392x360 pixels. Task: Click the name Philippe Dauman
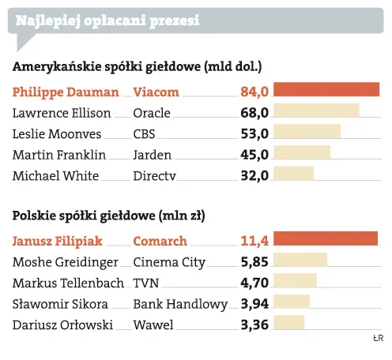66,92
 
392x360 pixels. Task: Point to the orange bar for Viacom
326,90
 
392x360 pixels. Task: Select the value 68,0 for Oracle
254,113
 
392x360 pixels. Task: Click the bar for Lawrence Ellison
316,111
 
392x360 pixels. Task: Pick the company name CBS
145,133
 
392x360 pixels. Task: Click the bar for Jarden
302,153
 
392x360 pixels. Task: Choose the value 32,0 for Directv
254,175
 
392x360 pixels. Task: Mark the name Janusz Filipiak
58,240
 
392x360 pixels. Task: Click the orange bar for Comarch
326,238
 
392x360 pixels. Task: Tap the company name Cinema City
169,261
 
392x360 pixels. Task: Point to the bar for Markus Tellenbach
295,280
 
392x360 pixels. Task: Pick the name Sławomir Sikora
58,303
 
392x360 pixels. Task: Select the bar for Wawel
288,322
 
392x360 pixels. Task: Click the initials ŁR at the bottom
377,339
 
